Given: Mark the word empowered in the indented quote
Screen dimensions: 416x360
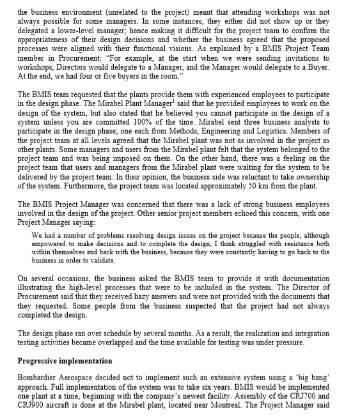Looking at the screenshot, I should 52,243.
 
